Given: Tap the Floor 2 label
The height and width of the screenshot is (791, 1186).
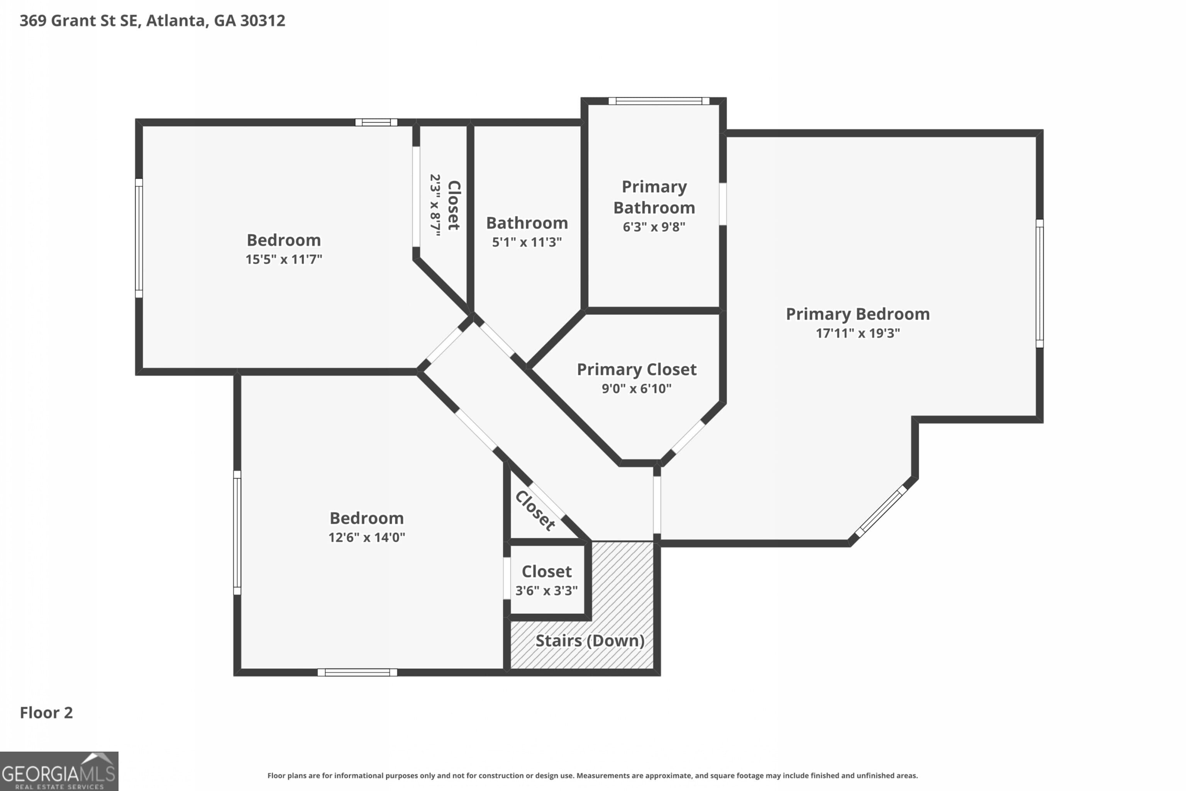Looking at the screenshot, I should click(46, 713).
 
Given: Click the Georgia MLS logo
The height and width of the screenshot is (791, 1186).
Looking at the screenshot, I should click(59, 771).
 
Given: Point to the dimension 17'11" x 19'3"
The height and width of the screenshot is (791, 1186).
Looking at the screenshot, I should click(857, 333).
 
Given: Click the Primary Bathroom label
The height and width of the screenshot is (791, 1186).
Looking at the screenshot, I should click(654, 197).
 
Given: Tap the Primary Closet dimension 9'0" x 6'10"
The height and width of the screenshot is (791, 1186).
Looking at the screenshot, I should click(636, 389).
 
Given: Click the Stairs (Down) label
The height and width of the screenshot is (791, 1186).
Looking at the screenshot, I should click(590, 641).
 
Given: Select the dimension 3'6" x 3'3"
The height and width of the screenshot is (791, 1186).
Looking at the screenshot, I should click(546, 590).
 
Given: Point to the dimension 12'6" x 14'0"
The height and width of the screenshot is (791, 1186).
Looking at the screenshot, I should click(367, 537).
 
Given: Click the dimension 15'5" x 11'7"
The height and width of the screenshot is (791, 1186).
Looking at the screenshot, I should click(283, 259).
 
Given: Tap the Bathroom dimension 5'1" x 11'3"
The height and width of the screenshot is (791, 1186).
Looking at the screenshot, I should click(527, 242).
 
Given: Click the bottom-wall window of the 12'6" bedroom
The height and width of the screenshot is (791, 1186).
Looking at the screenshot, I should click(357, 672).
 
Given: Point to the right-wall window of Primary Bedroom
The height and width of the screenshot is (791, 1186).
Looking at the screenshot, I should click(1039, 283).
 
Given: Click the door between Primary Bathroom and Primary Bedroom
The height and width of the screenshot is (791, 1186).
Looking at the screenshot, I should click(723, 204).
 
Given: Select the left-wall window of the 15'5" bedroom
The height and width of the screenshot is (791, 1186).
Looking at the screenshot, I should click(139, 238).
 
